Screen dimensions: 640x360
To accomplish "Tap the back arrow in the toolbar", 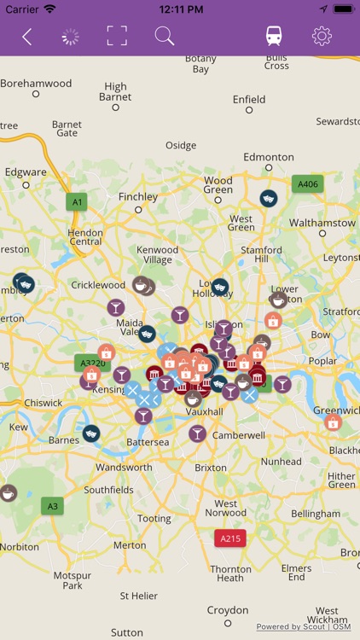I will coord(26,37).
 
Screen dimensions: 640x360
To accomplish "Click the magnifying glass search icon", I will coord(164,36).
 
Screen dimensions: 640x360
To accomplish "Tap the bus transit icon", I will coord(274,36).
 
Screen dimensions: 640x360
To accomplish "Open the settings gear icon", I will coord(322,36).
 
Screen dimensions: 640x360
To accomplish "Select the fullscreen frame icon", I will coord(117,36).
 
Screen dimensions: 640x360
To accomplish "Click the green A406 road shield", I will coord(307,183).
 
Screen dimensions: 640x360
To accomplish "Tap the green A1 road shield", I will coord(78,201).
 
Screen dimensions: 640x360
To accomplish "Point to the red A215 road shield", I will coord(230,538).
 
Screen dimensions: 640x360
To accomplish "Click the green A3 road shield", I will coord(53,506).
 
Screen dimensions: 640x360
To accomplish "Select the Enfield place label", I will coord(249,100).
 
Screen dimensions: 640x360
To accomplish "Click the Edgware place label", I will coord(26,172).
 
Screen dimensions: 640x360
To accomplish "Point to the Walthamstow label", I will coord(322,223).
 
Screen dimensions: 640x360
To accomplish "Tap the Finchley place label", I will coord(138,196).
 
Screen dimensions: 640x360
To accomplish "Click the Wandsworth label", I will coord(124,468).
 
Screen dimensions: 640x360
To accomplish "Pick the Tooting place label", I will coord(154,518).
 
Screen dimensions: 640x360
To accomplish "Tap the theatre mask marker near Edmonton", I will coord(268,198).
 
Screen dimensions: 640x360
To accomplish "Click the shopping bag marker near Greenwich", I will coord(333,422).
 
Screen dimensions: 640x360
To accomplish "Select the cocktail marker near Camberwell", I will coord(197,433).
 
